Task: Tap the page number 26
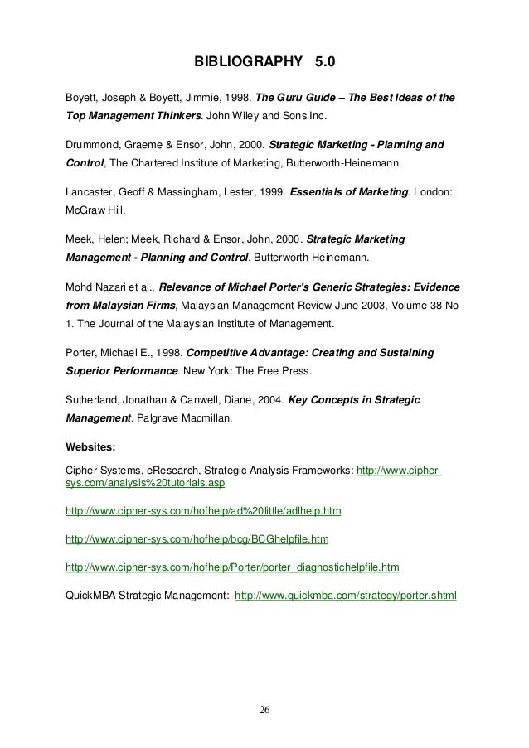(x=264, y=709)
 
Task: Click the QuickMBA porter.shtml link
(x=346, y=594)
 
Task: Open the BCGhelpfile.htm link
(x=197, y=539)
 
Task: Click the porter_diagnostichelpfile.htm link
(x=232, y=567)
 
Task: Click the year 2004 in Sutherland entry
(x=268, y=400)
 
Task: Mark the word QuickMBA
(x=95, y=594)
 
